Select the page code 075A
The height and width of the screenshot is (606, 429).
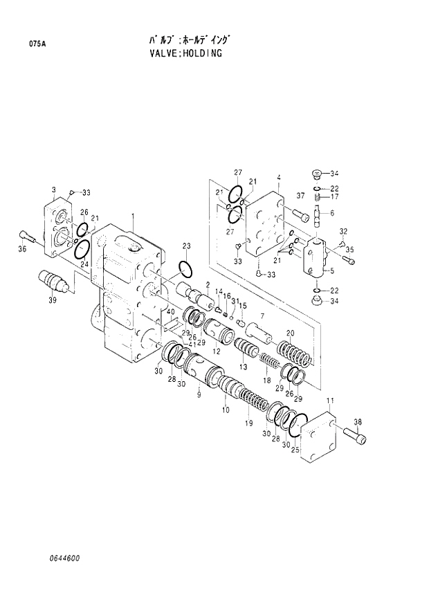(37, 44)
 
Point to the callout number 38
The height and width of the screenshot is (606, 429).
(358, 421)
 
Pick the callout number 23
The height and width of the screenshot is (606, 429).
(186, 246)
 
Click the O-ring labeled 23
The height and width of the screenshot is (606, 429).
(185, 268)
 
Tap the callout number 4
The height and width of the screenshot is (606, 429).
(278, 178)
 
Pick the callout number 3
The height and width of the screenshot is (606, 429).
(54, 189)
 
